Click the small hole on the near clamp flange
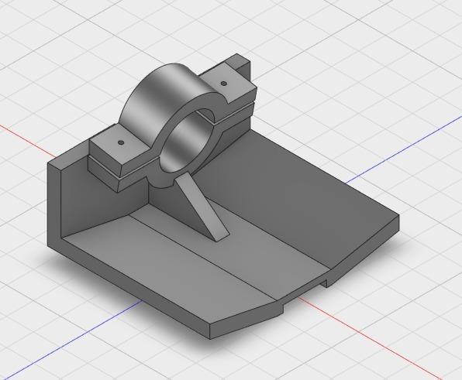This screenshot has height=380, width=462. pyautogui.click(x=120, y=143)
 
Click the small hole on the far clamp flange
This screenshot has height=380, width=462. pyautogui.click(x=224, y=83)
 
